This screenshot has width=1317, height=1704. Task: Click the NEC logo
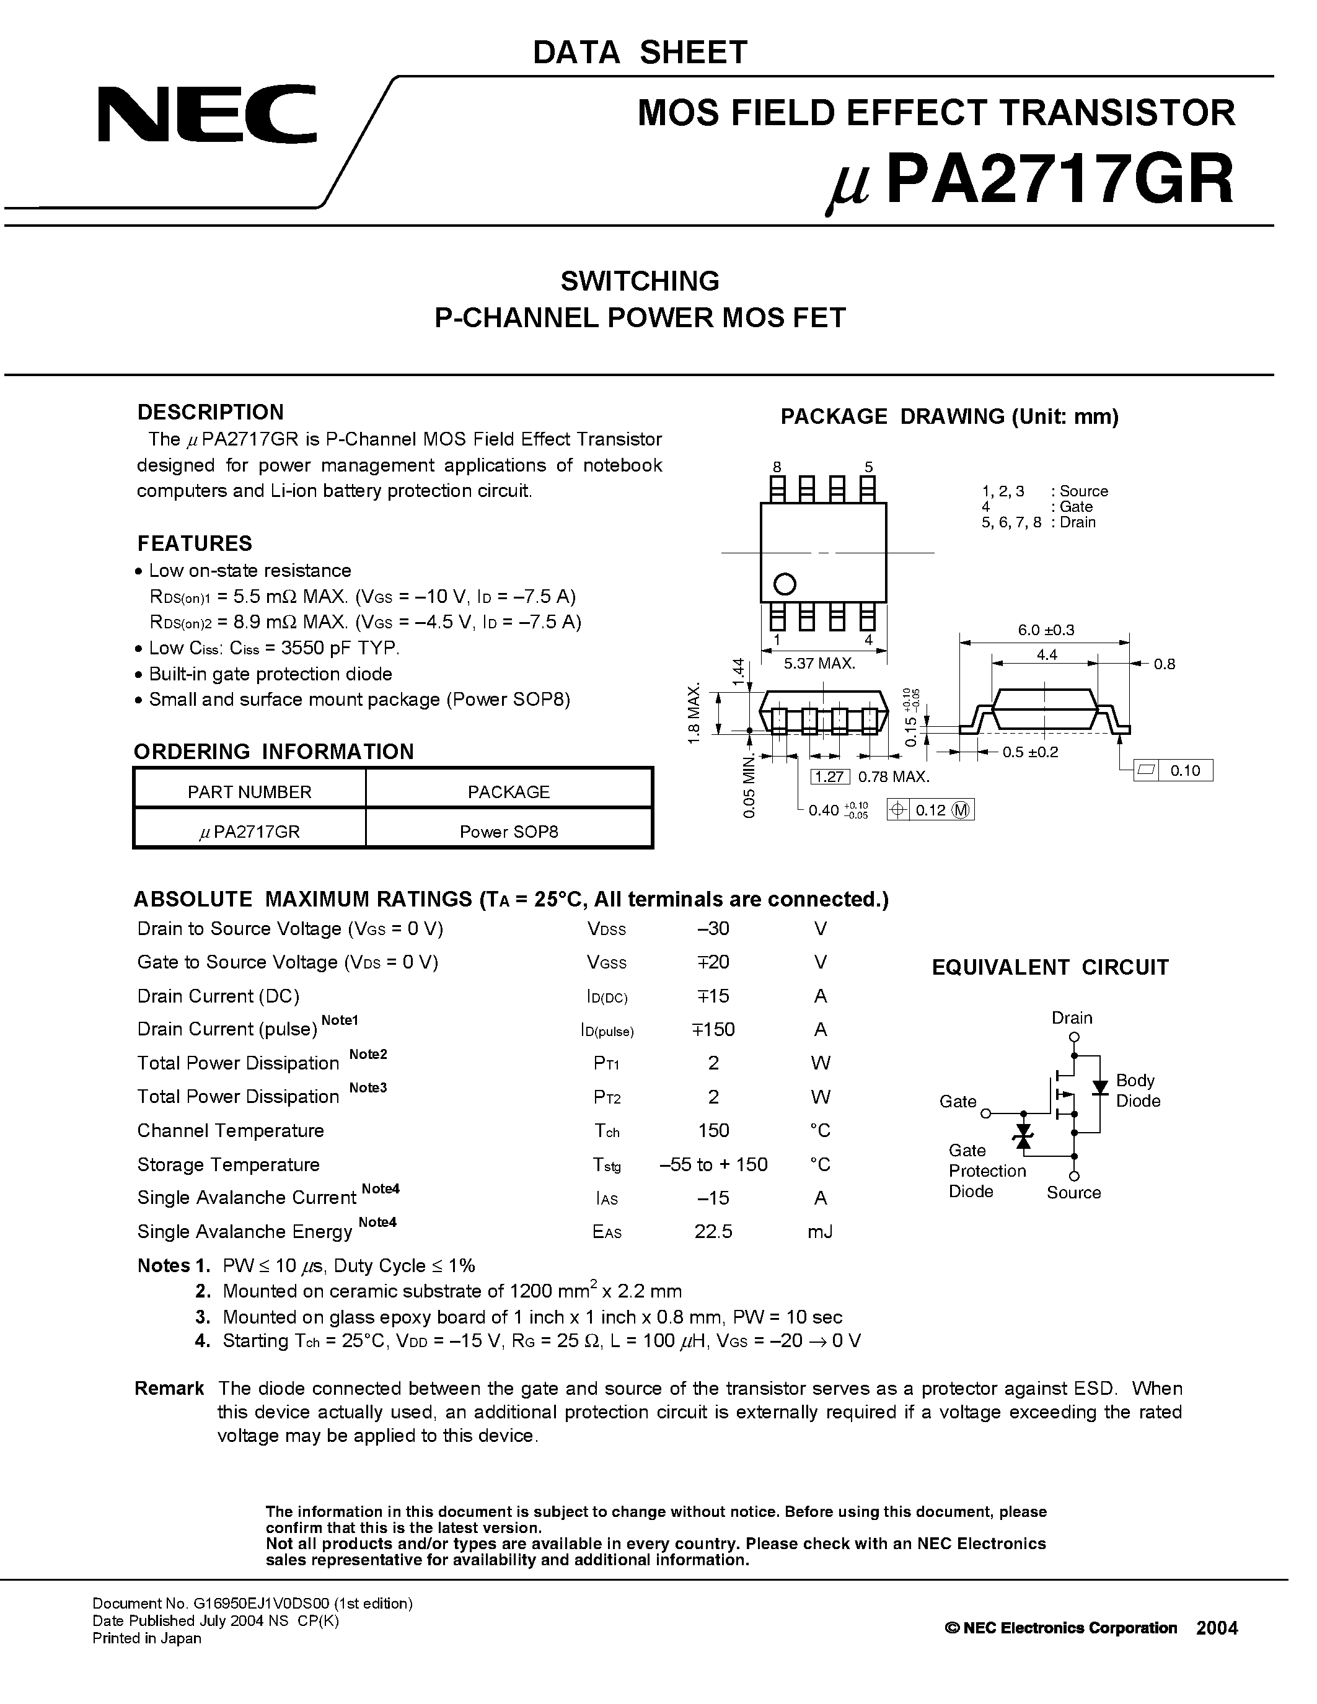[x=207, y=115]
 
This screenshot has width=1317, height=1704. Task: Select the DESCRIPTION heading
[x=210, y=412]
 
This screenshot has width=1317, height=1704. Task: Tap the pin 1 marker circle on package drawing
[x=784, y=584]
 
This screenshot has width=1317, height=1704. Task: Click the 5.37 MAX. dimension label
[x=819, y=664]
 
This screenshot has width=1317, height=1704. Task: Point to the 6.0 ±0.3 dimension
[x=1046, y=630]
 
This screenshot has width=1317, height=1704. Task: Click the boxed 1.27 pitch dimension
[x=829, y=776]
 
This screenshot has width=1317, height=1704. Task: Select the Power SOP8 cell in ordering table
[x=509, y=832]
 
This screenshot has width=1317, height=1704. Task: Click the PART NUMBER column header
[x=249, y=792]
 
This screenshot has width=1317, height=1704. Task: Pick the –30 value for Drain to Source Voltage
[x=713, y=928]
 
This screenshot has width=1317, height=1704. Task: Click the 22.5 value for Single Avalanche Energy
[x=713, y=1231]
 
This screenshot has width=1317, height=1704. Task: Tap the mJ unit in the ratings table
[x=820, y=1231]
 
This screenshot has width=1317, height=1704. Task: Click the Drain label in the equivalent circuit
[x=1071, y=1017]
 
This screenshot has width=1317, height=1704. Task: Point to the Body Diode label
[x=1137, y=1090]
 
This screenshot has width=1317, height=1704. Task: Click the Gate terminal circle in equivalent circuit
[x=985, y=1113]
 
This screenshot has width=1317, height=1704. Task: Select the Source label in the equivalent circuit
[x=1073, y=1192]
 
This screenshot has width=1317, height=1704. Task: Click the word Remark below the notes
[x=169, y=1388]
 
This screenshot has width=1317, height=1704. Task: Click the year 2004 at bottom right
[x=1217, y=1628]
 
